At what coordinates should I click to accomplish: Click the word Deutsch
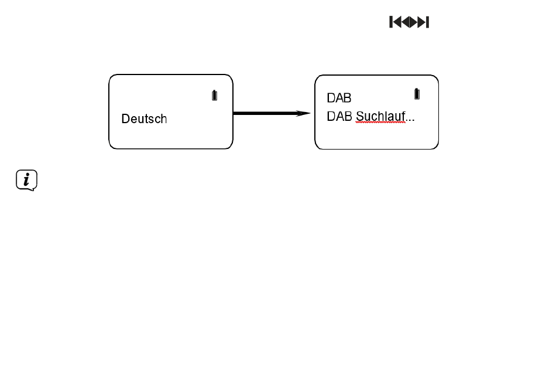[144, 118]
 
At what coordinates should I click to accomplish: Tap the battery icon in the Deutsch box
[215, 95]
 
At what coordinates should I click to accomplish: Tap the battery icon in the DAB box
[417, 94]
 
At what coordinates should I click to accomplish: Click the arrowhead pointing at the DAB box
[303, 113]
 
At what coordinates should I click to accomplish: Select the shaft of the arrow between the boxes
[265, 113]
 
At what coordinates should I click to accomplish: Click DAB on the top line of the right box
[339, 98]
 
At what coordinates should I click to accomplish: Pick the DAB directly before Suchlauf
[339, 117]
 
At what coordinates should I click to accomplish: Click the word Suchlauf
[380, 117]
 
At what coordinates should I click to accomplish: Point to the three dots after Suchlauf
[410, 120]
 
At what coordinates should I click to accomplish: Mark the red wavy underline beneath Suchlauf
[380, 123]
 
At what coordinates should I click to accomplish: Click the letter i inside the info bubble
[26, 179]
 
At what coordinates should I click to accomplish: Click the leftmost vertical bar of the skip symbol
[391, 22]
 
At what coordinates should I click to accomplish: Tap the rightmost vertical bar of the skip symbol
[427, 22]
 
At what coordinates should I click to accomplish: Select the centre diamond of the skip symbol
[409, 22]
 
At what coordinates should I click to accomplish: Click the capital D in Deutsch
[125, 118]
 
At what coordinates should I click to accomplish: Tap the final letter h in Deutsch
[164, 118]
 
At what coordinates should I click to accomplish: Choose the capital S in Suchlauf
[359, 117]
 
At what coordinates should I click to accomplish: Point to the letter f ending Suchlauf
[403, 116]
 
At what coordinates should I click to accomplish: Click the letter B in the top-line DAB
[348, 98]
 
